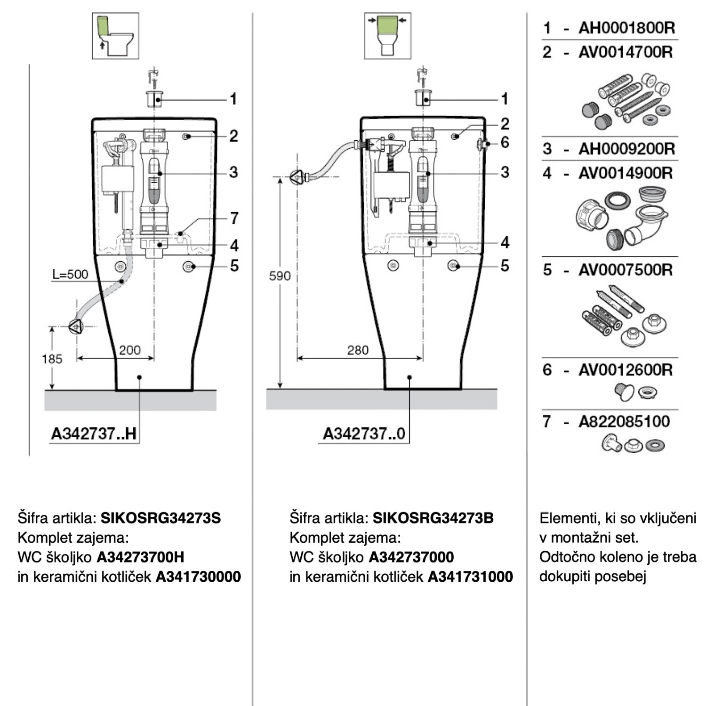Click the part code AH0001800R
pyautogui.click(x=626, y=28)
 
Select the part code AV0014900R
pyautogui.click(x=626, y=173)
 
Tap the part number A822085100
pyautogui.click(x=624, y=421)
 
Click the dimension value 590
pyautogui.click(x=280, y=276)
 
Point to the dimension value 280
pyautogui.click(x=358, y=350)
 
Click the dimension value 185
pyautogui.click(x=52, y=359)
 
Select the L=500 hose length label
pyautogui.click(x=70, y=274)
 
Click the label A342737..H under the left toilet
pyautogui.click(x=94, y=433)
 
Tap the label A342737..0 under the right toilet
pyautogui.click(x=364, y=433)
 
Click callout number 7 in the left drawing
pyautogui.click(x=234, y=218)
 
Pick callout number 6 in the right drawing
pyautogui.click(x=505, y=142)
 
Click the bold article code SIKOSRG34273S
pyautogui.click(x=161, y=518)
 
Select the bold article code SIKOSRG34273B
pyautogui.click(x=433, y=518)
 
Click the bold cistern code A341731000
pyautogui.click(x=470, y=577)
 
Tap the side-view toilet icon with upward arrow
pyautogui.click(x=115, y=36)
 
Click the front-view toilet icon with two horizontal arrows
pyautogui.click(x=387, y=36)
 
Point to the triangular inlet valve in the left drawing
pyautogui.click(x=75, y=326)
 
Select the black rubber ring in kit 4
pyautogui.click(x=618, y=200)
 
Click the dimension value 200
pyautogui.click(x=129, y=350)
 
